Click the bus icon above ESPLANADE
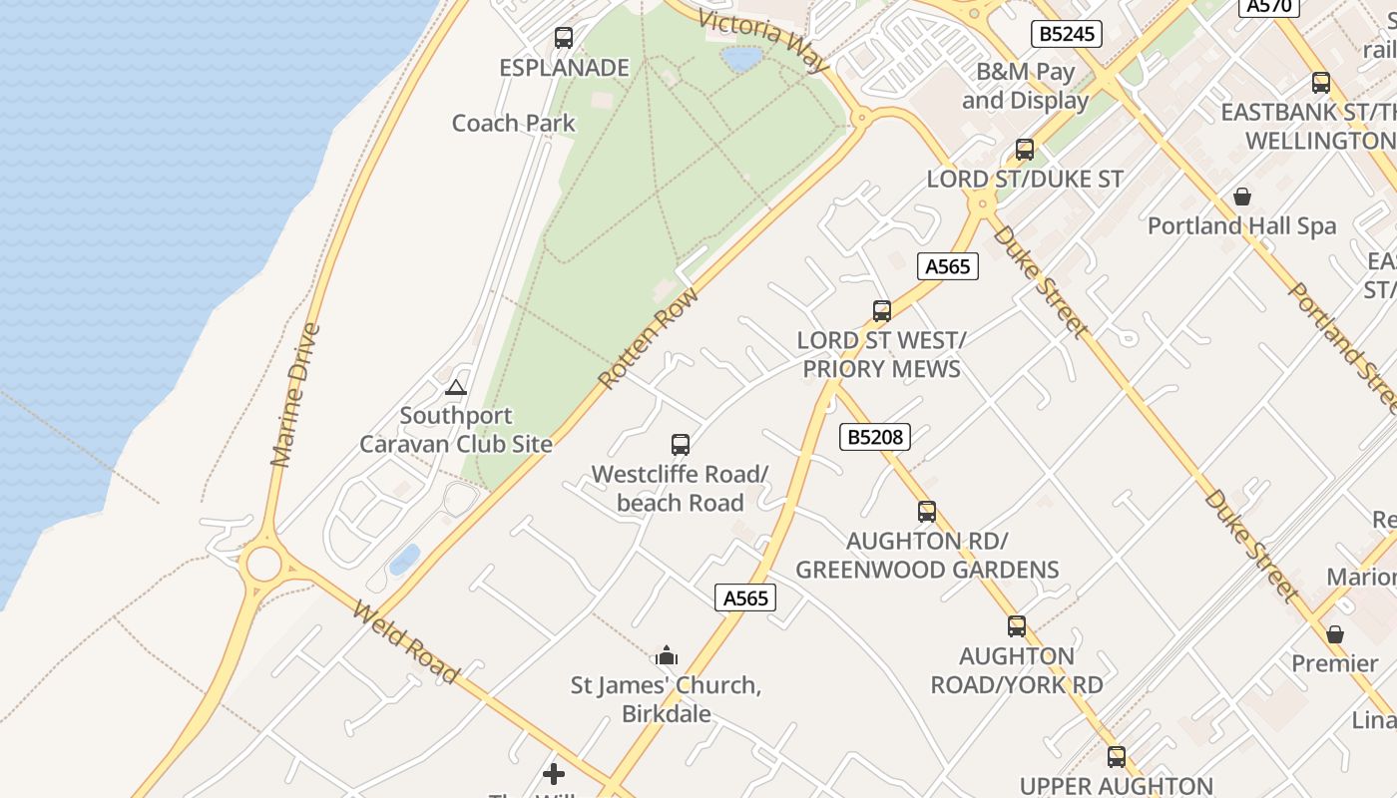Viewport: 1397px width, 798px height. [x=564, y=38]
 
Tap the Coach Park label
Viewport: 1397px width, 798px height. [x=514, y=124]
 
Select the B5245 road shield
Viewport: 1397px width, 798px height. [x=1067, y=34]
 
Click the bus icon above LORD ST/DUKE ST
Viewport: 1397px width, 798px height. [x=1025, y=150]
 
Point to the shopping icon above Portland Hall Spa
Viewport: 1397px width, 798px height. [x=1242, y=197]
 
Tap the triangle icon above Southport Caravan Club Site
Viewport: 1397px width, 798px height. [x=456, y=387]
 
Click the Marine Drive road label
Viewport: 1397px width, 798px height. [x=295, y=395]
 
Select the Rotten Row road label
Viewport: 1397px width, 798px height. [x=649, y=338]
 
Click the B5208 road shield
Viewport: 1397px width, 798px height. [x=875, y=436]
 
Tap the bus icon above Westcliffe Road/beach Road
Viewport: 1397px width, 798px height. [x=681, y=444]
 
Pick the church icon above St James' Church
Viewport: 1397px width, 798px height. [x=667, y=655]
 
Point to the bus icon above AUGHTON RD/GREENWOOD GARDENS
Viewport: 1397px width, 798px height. [x=927, y=512]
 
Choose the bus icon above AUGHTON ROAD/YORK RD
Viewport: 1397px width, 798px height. [x=1017, y=626]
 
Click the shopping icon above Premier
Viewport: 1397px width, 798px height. [x=1335, y=634]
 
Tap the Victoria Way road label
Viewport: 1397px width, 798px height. [x=763, y=41]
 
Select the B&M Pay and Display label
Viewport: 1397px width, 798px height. [x=1025, y=86]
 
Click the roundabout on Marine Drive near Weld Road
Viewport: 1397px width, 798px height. [x=263, y=563]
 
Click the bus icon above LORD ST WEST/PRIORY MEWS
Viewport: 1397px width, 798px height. [x=882, y=310]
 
